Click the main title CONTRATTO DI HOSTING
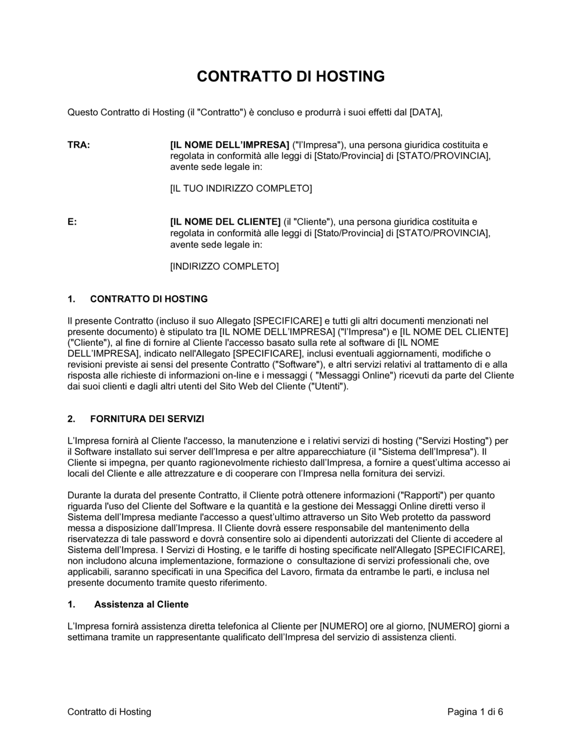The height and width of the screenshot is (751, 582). point(291,77)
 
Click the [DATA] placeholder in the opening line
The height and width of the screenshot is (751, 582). point(425,112)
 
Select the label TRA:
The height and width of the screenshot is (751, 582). point(79,145)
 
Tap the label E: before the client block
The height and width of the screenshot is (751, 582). point(72,222)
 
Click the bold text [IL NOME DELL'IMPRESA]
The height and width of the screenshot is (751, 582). point(229,145)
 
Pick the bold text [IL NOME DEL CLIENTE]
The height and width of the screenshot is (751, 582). point(225,222)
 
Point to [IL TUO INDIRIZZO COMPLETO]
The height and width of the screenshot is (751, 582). point(241,189)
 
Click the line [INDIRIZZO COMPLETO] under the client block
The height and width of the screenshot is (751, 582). point(224,267)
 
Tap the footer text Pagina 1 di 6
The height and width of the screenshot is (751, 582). point(475,711)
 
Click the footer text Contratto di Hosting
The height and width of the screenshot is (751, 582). point(109,711)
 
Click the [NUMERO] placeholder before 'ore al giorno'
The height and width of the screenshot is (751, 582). point(343,626)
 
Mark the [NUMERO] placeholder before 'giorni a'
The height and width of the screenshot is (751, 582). point(452,626)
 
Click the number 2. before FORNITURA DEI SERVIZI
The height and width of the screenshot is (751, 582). point(72,419)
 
